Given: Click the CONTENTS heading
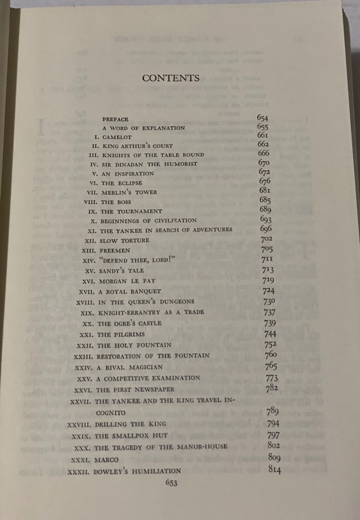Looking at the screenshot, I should pos(171,78).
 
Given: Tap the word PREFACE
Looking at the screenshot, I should pos(115,120).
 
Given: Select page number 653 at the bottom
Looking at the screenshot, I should pos(171,482).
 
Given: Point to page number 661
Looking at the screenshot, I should pos(263,135).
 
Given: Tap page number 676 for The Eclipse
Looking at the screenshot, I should pos(265,181).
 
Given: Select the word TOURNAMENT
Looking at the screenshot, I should pos(140,211).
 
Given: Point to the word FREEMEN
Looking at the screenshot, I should pos(114,250).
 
